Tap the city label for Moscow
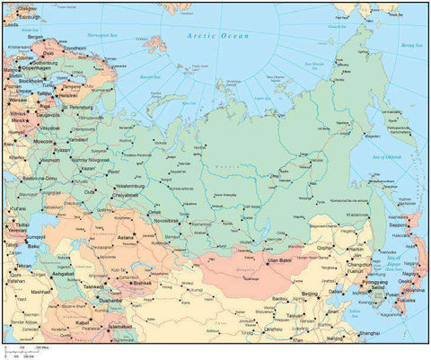coord(43,142)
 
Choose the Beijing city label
coord(310,293)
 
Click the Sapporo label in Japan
coord(404,237)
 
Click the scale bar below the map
coord(27,349)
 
